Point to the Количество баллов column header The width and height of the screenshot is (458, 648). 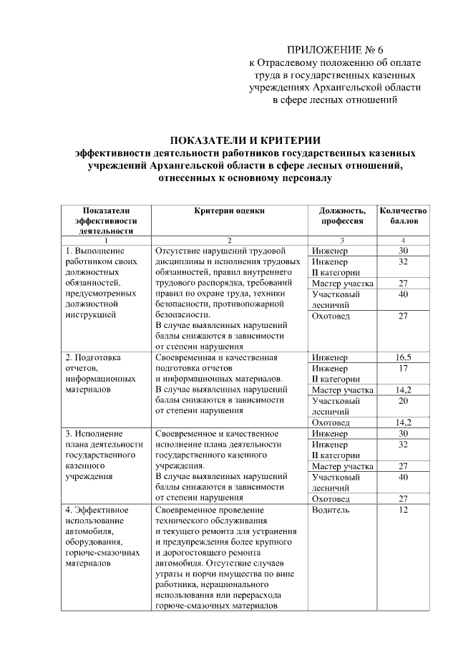pyautogui.click(x=404, y=216)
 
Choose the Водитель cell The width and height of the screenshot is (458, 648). pyautogui.click(x=331, y=510)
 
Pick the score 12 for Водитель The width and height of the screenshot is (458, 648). pyautogui.click(x=404, y=510)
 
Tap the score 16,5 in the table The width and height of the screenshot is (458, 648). pyautogui.click(x=404, y=357)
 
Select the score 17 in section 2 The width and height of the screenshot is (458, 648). pyautogui.click(x=404, y=368)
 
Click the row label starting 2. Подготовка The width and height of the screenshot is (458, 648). pyautogui.click(x=94, y=357)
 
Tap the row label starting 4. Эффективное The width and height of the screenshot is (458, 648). pyautogui.click(x=97, y=510)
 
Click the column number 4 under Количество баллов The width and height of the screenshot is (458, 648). pyautogui.click(x=404, y=240)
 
